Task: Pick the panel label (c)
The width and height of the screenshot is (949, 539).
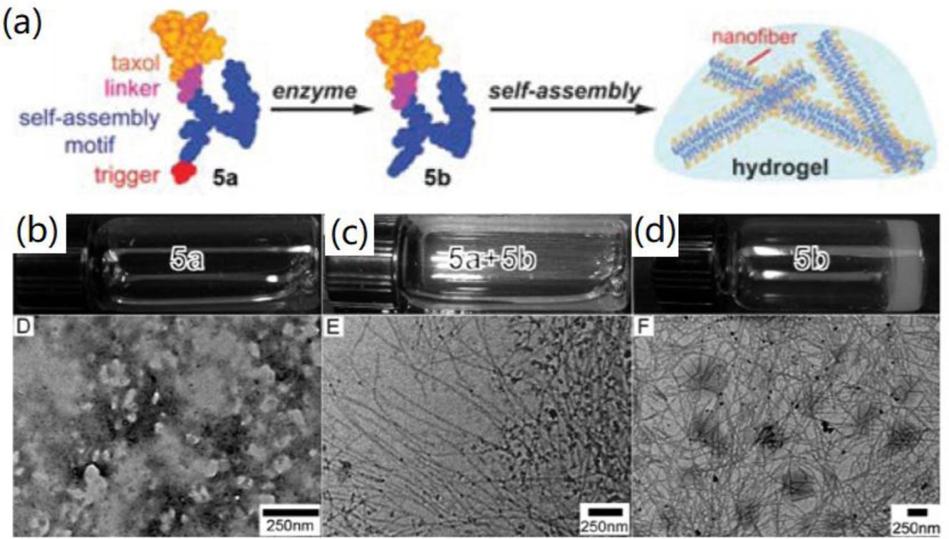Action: click(355, 231)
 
